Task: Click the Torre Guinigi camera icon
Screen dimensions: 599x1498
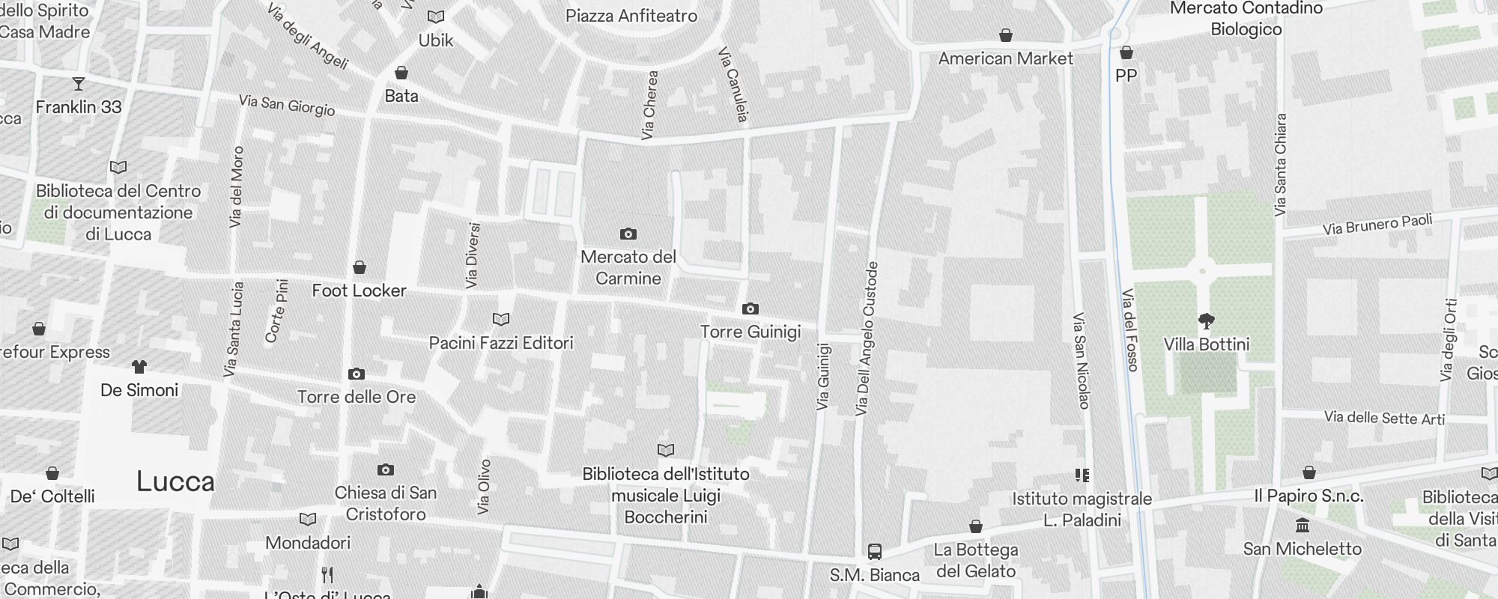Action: [x=750, y=308]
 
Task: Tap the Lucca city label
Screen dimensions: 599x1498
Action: [x=175, y=481]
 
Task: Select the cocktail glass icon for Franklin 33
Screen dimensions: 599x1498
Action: [x=79, y=83]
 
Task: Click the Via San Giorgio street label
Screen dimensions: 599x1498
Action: [x=287, y=105]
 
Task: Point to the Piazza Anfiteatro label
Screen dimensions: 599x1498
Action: [x=631, y=16]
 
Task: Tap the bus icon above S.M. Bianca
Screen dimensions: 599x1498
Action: [x=874, y=552]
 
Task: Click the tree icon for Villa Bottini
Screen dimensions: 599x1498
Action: [x=1206, y=321]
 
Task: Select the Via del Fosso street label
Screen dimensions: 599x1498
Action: [x=1130, y=329]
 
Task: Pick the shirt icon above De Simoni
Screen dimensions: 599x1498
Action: [x=139, y=367]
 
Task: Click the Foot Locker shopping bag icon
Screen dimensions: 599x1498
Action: [x=360, y=267]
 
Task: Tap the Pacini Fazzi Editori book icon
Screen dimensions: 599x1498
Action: [x=501, y=320]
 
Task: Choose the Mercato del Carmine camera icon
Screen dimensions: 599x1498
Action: [x=628, y=234]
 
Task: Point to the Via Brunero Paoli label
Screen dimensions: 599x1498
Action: [x=1377, y=224]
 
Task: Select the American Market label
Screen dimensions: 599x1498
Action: [x=1005, y=58]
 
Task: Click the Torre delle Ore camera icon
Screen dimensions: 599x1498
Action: [x=357, y=374]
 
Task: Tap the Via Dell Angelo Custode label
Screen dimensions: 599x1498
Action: [x=866, y=338]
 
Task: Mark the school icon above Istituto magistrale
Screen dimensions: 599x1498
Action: [x=1082, y=475]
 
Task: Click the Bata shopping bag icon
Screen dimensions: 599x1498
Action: [x=401, y=73]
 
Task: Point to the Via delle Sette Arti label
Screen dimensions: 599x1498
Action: [x=1384, y=418]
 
